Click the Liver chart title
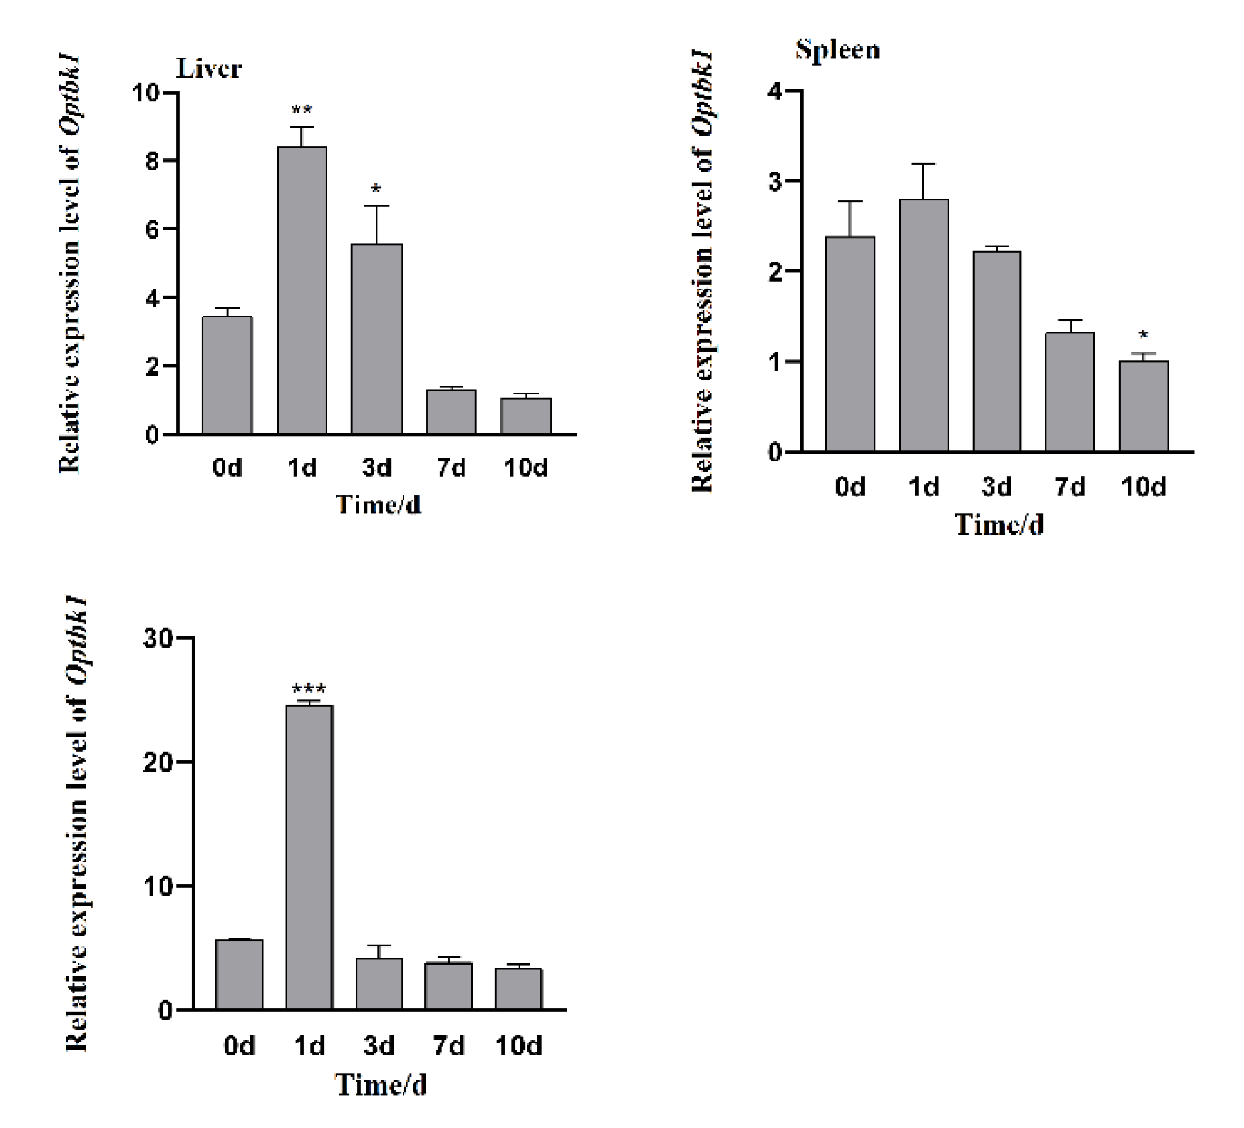(209, 69)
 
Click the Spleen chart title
(837, 49)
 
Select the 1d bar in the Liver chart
(302, 290)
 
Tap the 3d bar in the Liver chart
(376, 339)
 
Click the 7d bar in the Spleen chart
(1069, 392)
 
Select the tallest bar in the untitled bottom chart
(309, 858)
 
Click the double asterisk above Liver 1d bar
(302, 111)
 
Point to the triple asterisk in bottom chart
(309, 689)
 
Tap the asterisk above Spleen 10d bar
(1143, 335)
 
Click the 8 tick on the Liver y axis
(152, 161)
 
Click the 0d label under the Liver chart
(227, 468)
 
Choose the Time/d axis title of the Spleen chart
(999, 524)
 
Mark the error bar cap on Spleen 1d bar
(924, 163)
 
